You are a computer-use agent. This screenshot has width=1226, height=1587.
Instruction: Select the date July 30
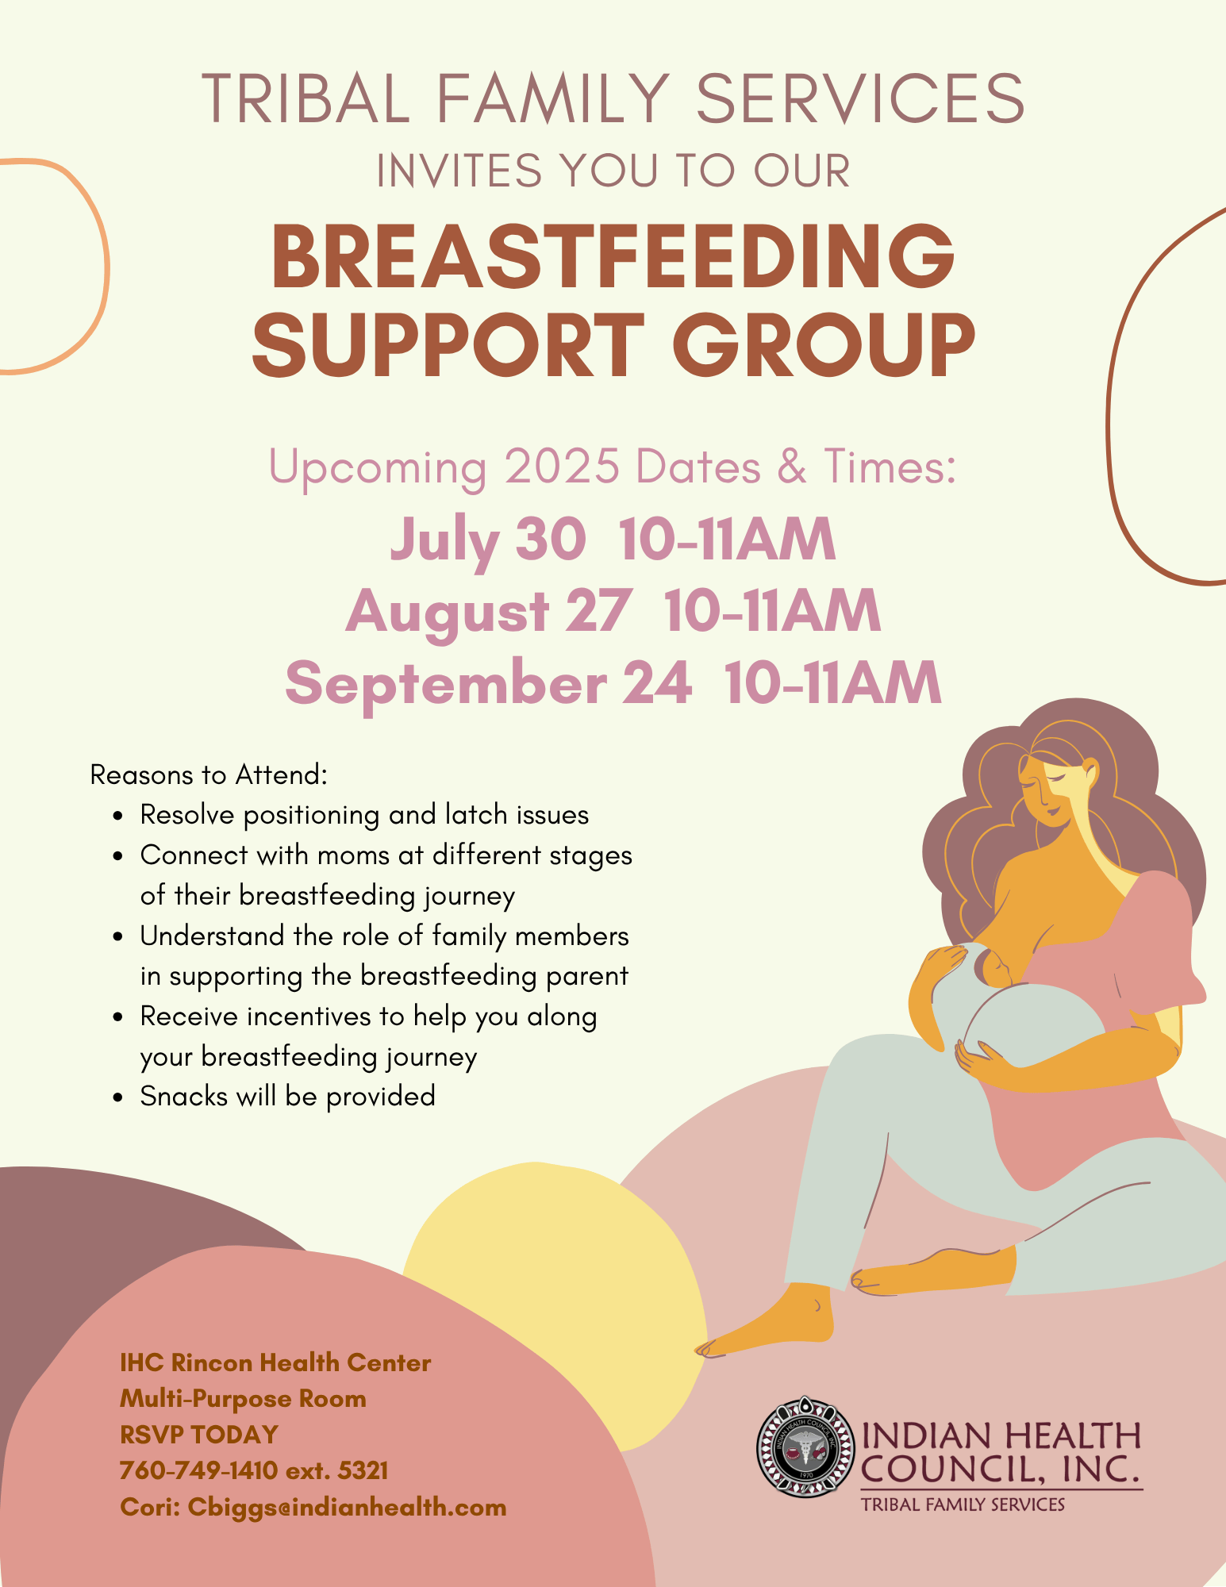click(488, 540)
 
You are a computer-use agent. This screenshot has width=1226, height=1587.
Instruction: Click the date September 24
click(488, 682)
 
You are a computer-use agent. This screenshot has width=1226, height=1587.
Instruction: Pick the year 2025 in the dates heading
click(562, 467)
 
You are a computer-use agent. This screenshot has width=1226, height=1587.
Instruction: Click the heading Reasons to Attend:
click(209, 774)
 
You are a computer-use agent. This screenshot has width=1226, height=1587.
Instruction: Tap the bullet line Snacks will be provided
click(287, 1096)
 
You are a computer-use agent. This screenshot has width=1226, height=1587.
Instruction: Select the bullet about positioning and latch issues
click(364, 815)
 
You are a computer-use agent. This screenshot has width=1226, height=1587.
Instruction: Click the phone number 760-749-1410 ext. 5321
click(254, 1470)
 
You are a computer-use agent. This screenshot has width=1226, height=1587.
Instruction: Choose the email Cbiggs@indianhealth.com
click(347, 1507)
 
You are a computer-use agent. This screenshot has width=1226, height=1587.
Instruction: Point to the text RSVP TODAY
click(199, 1434)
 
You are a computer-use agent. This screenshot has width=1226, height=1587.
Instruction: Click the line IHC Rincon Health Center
click(275, 1362)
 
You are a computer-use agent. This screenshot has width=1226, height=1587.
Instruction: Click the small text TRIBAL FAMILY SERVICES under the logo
click(963, 1504)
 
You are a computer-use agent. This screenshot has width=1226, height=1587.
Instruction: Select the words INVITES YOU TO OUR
click(613, 171)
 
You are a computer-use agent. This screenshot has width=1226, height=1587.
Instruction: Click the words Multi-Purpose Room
click(243, 1398)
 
